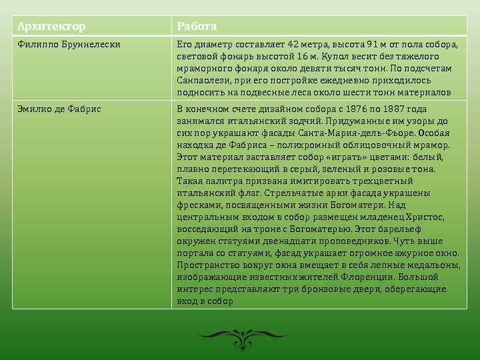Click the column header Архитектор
click(x=51, y=26)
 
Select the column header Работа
click(x=196, y=26)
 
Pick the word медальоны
click(x=433, y=265)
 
